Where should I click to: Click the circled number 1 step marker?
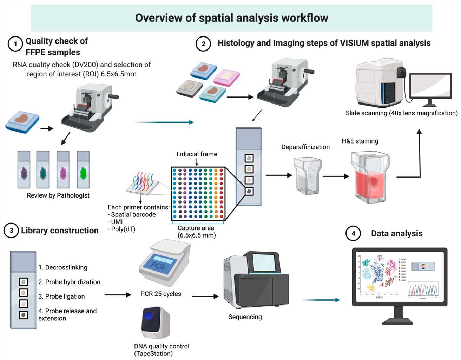point(15,44)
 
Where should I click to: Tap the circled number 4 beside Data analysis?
point(353,233)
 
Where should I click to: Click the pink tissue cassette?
point(227,76)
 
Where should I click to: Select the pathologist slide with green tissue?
point(83,170)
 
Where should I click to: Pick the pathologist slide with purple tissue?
point(24,170)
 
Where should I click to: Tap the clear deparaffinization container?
point(308,175)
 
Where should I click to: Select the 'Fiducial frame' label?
point(197,154)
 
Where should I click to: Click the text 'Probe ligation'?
point(61,296)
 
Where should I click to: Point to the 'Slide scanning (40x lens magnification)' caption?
point(401,113)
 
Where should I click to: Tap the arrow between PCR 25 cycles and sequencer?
point(205,296)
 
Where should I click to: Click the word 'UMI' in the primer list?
point(117,222)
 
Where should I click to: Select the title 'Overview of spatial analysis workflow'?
point(231,18)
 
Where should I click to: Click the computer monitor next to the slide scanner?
point(430,88)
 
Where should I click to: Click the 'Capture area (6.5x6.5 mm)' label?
point(197,232)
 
